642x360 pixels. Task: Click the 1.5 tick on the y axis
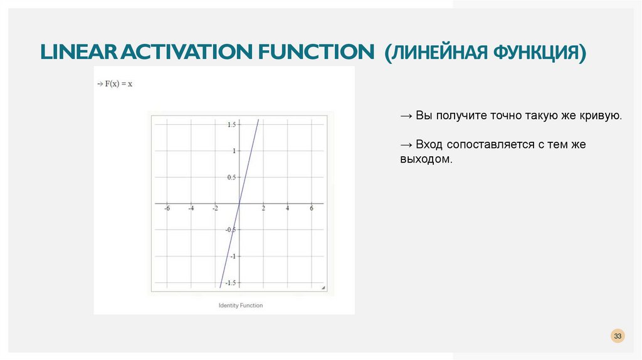231,125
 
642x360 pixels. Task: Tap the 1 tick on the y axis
234,151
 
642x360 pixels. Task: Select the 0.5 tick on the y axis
231,177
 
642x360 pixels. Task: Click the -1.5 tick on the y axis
230,283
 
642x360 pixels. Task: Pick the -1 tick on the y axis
233,257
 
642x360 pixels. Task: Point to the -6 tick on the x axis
167,209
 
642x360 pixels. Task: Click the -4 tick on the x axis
191,209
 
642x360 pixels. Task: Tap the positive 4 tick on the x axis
288,209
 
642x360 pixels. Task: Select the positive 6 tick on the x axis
312,209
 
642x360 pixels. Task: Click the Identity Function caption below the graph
241,305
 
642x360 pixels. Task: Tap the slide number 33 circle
618,337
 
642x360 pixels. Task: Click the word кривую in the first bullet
602,117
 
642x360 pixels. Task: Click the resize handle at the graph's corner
324,288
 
